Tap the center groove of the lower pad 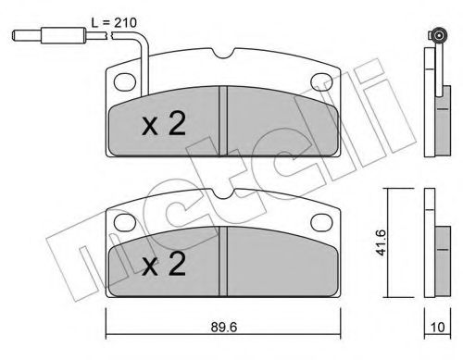coord(222,261)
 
